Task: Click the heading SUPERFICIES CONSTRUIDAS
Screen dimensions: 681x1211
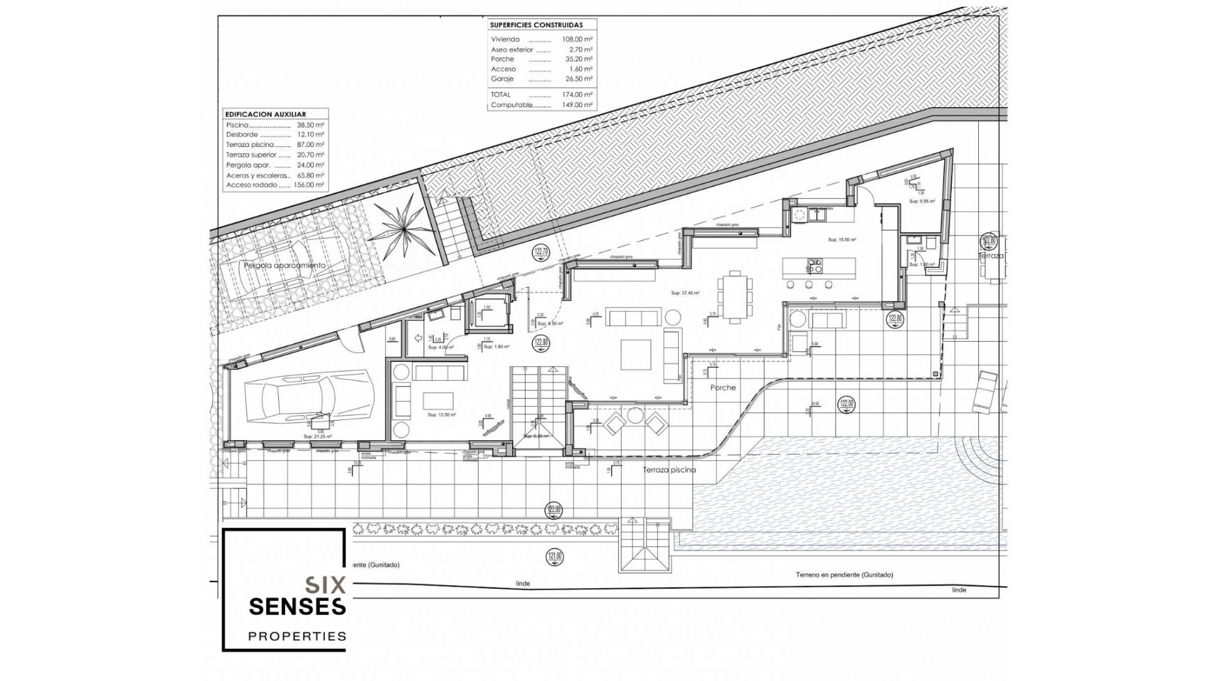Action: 536,25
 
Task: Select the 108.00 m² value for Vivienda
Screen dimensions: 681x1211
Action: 577,39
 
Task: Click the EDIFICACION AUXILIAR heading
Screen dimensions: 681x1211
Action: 266,115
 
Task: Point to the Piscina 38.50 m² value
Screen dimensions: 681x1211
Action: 310,125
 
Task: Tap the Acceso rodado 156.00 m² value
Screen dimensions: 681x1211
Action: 309,185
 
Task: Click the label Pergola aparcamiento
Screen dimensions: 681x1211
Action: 285,265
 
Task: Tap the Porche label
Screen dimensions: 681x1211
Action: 723,388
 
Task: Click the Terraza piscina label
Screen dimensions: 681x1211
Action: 669,470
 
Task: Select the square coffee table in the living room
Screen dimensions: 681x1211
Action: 636,354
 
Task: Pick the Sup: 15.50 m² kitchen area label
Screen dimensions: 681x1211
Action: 842,240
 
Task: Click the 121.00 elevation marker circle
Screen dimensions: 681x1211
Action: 554,557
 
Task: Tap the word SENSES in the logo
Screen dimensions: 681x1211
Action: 298,607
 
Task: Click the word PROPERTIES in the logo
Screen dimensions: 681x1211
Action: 298,636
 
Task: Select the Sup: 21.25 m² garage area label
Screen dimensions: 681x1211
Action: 317,436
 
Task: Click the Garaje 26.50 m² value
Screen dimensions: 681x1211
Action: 578,79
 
